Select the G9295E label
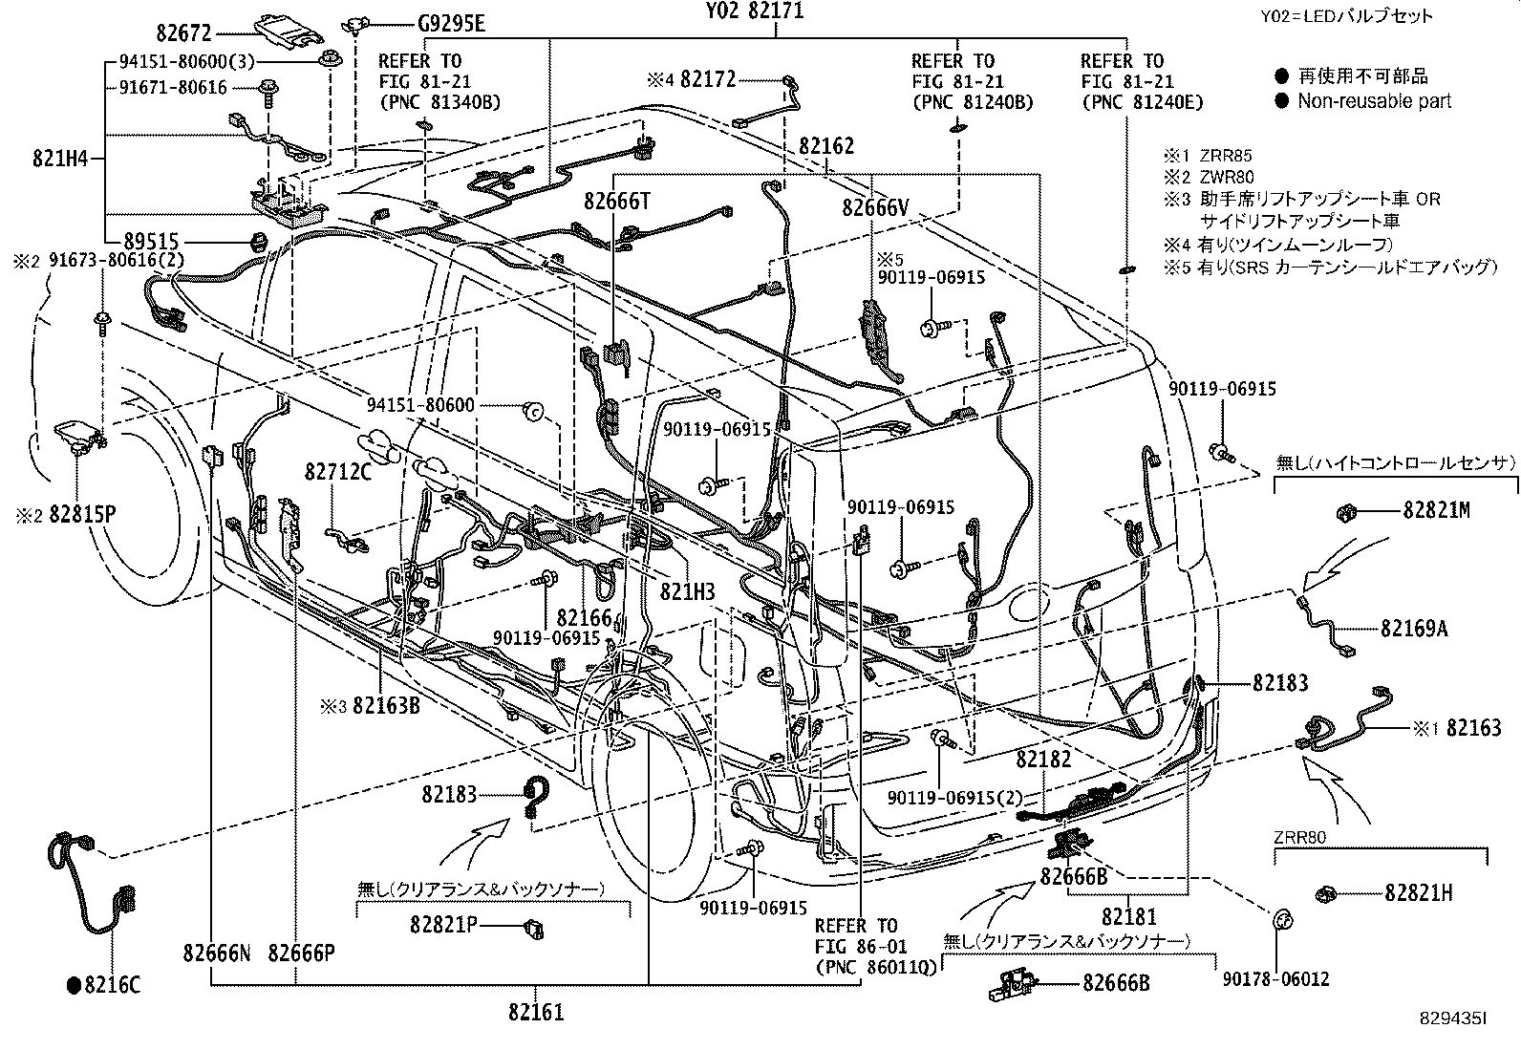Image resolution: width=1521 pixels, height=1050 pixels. click(x=450, y=24)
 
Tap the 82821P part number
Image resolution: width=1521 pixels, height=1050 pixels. click(x=444, y=925)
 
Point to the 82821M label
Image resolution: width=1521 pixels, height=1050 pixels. click(x=1436, y=511)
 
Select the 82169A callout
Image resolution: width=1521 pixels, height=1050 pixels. click(x=1413, y=629)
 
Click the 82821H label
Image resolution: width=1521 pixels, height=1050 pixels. click(x=1418, y=893)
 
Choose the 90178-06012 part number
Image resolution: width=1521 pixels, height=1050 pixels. click(x=1275, y=979)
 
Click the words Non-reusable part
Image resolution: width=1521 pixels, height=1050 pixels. click(x=1374, y=100)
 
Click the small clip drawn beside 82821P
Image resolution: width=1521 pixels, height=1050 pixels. click(x=534, y=925)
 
